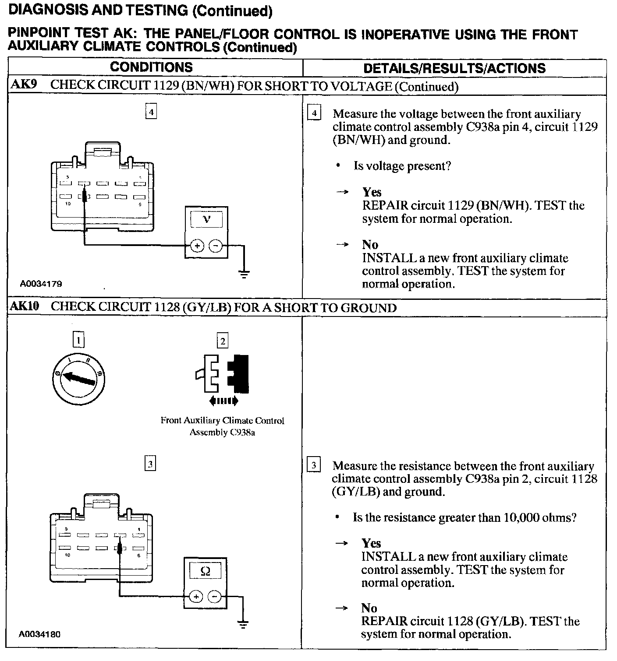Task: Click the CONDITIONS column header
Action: coord(151,67)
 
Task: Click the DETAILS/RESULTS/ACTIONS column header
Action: coord(454,68)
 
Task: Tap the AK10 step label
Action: coord(25,306)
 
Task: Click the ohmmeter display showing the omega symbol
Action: coord(205,571)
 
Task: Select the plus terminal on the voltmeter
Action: coord(197,246)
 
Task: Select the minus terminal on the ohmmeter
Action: coord(214,596)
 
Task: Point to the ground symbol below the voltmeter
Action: coord(244,274)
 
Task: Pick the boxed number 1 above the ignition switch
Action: coord(78,340)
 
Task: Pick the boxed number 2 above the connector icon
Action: coord(223,341)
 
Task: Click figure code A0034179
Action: coord(41,284)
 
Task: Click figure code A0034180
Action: coord(39,634)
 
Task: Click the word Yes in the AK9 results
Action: coord(372,192)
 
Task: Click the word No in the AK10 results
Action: coord(369,608)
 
